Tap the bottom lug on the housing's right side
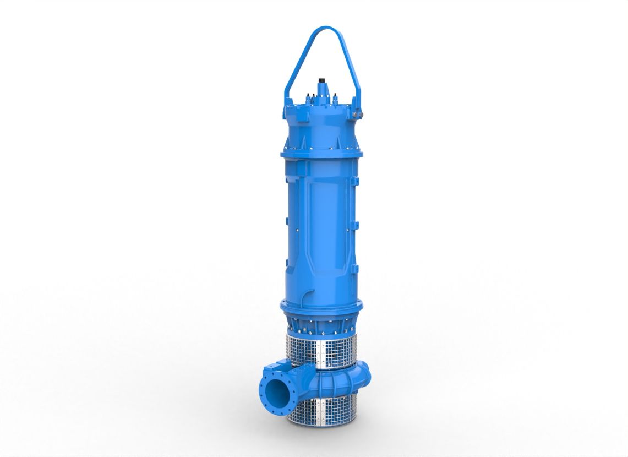pyautogui.click(x=356, y=269)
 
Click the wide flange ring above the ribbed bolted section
pyautogui.click(x=321, y=306)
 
